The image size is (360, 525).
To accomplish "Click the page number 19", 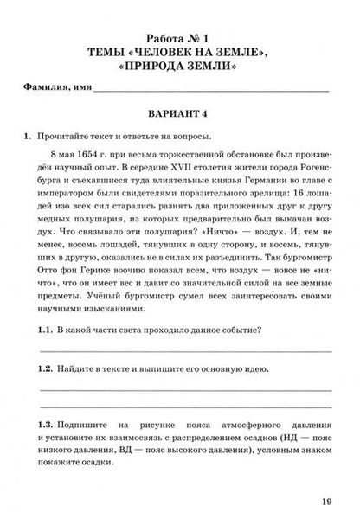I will point(325,502).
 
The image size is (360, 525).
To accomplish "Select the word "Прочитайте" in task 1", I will point(71,136).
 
